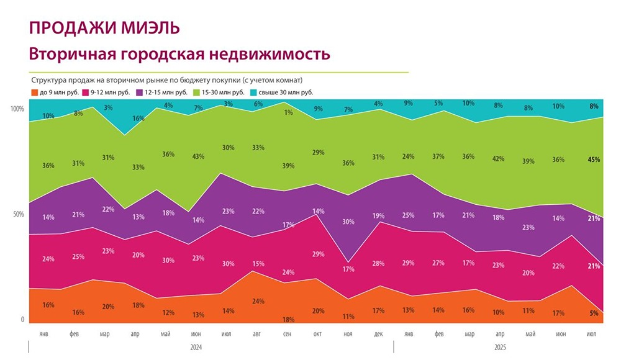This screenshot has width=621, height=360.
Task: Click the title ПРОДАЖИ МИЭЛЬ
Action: [104, 28]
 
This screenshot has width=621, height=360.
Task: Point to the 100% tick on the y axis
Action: [17, 109]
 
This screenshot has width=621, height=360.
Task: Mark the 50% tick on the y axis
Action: [19, 215]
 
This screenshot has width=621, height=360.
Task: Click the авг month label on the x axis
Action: [257, 333]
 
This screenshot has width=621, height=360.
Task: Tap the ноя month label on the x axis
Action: [348, 333]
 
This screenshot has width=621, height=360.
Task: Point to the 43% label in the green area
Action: [197, 156]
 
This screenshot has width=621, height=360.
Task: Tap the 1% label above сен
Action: [288, 112]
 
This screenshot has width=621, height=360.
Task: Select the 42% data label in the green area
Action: [499, 158]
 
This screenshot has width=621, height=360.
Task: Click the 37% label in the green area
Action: [438, 156]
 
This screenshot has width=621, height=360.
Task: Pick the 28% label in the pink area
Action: [379, 263]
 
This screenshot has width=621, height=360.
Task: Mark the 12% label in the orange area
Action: [168, 312]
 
